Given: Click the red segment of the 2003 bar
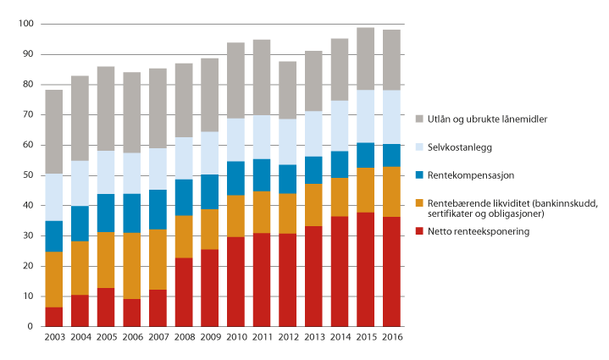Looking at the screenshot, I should coord(54,317).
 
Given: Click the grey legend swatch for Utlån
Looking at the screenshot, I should coord(421,119).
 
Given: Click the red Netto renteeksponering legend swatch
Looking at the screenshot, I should coord(421,231).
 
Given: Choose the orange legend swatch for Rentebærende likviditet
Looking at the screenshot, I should coord(421,203).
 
